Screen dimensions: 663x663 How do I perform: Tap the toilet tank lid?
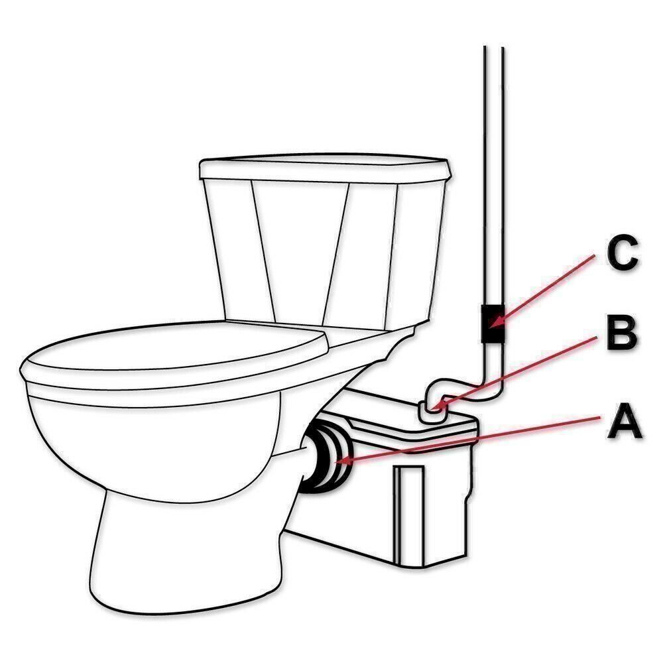coord(325,169)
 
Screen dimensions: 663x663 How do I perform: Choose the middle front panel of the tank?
coord(302,252)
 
